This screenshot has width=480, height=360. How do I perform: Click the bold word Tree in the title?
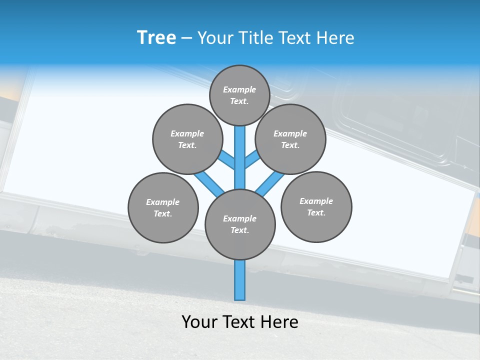(x=156, y=38)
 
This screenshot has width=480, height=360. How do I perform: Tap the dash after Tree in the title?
(x=186, y=38)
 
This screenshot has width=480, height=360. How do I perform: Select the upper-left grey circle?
(x=187, y=139)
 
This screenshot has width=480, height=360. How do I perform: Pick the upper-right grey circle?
(x=290, y=139)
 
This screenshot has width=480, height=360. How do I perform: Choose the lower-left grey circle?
(x=163, y=207)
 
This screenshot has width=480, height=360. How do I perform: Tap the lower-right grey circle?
(x=316, y=206)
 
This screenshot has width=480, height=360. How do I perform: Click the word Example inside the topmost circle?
(x=239, y=89)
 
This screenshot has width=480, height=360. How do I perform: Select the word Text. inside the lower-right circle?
(x=316, y=212)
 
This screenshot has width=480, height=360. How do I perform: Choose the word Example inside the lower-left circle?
(x=163, y=202)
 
